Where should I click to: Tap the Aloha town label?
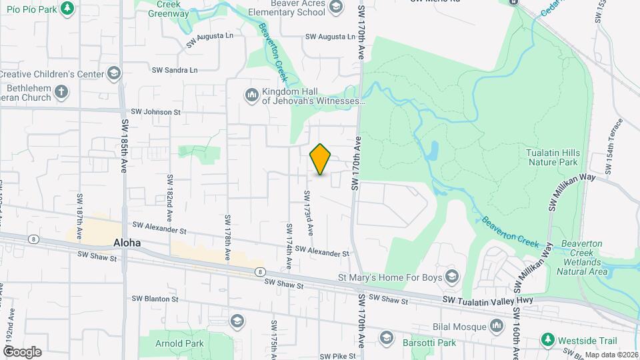point(127,243)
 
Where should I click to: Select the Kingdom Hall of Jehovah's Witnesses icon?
point(251,96)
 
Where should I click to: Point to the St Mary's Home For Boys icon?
point(453,276)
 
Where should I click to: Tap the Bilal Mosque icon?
point(496,325)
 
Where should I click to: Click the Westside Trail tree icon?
point(547,340)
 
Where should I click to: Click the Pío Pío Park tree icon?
point(67,8)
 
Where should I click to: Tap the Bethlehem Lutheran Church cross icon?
point(61,92)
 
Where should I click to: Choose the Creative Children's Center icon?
point(114,73)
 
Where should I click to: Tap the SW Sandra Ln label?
point(175,70)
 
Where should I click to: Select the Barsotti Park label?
point(429,343)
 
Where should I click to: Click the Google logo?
point(22,351)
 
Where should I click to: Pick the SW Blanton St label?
point(155,299)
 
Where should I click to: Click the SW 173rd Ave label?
point(309,213)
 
